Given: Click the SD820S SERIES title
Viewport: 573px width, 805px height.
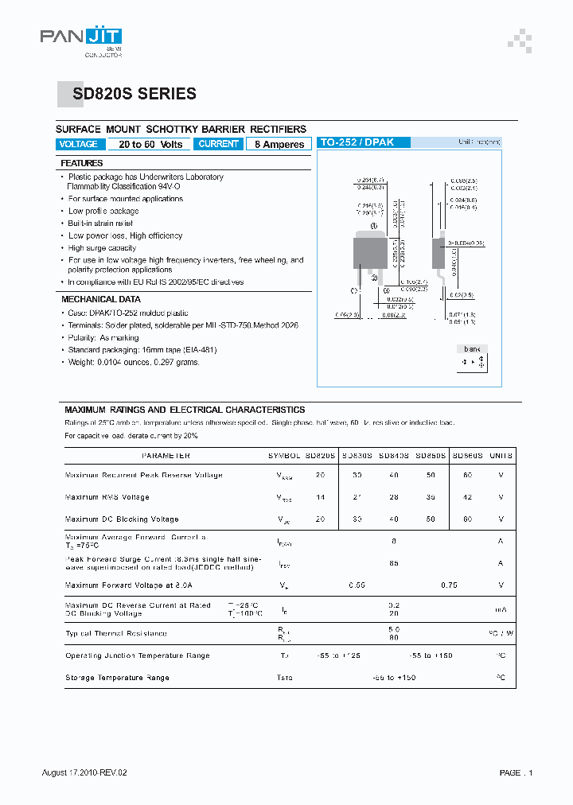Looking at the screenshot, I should (x=134, y=94).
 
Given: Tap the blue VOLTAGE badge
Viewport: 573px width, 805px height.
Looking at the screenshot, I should (x=79, y=144).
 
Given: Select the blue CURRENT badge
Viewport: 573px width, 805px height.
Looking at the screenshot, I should (x=218, y=144).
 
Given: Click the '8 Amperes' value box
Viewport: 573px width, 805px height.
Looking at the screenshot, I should (x=279, y=145).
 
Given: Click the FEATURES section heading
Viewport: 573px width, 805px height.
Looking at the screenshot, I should (x=82, y=163).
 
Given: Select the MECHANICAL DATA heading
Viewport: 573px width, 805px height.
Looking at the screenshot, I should (x=101, y=299).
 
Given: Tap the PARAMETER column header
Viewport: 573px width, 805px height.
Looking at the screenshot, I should (x=166, y=456).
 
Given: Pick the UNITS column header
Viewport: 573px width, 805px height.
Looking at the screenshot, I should (x=501, y=456).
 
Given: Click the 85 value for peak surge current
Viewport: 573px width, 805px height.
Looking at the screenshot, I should (x=394, y=563).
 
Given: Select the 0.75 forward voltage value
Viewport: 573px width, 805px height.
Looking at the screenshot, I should (x=449, y=585).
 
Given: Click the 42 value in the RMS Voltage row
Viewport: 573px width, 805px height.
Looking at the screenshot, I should (x=467, y=497).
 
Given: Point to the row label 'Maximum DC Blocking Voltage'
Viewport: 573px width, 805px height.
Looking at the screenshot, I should (x=122, y=519).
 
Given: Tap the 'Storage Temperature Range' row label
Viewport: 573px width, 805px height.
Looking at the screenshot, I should (x=117, y=678).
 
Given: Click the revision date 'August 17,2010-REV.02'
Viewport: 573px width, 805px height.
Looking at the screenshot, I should (x=84, y=772).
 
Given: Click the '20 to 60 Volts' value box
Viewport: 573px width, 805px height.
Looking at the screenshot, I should (x=150, y=145).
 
